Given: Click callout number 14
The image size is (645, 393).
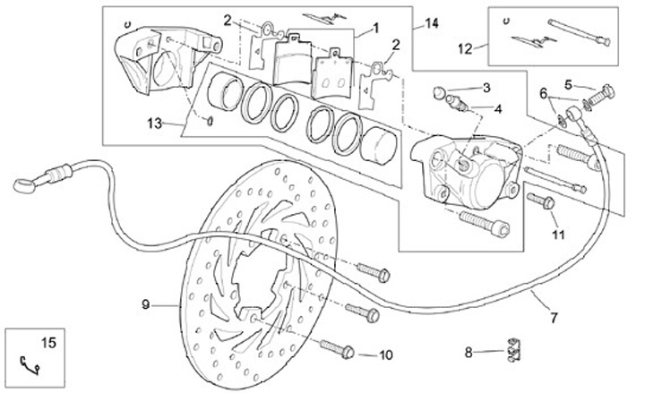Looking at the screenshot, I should tap(432, 21).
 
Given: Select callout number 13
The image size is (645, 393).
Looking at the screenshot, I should tap(153, 124).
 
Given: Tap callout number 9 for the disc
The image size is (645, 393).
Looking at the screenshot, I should tap(145, 304).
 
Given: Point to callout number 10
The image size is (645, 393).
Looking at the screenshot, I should tap(385, 355).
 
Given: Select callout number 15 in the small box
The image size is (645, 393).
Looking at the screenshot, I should tap(47, 340).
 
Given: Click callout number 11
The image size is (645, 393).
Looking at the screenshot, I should tap(558, 235).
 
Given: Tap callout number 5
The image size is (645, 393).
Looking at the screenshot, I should tap(567, 84).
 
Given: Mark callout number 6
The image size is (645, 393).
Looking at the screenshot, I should tap(542, 93).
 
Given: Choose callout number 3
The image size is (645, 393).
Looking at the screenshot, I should tap(486, 88).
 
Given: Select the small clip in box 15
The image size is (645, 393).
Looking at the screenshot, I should tap(30, 362).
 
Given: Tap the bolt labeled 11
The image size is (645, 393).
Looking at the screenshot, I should tap(543, 201).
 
